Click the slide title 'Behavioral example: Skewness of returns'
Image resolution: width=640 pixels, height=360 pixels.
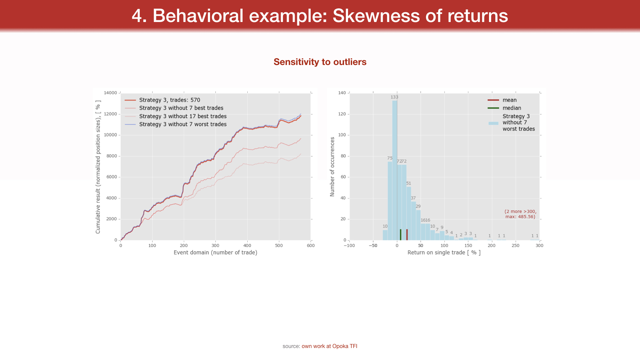point(320,16)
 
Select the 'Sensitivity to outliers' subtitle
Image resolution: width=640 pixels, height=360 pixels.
point(320,62)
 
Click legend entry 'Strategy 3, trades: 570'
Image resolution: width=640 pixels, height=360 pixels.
point(169,100)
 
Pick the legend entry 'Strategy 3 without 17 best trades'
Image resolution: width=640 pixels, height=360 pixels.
point(183,116)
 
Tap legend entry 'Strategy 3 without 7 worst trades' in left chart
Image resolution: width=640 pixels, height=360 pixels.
point(183,124)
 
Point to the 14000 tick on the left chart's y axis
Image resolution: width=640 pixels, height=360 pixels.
point(110,93)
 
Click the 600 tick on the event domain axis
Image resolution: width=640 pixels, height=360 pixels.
point(311,246)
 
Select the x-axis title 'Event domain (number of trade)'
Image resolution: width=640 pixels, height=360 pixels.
point(215,253)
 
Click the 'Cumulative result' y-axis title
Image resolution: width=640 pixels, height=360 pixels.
point(98,167)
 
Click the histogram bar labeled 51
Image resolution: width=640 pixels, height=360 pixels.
point(409,213)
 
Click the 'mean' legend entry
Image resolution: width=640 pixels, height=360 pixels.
point(509,100)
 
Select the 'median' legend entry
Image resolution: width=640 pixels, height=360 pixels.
point(512,108)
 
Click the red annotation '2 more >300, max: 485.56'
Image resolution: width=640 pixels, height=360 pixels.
point(520,214)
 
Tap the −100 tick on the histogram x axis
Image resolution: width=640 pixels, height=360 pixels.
point(349,246)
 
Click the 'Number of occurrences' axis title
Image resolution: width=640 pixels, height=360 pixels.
point(332,167)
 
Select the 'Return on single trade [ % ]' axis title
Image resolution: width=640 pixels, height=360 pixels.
point(444,253)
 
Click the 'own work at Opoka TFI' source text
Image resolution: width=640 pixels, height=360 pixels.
point(329,346)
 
